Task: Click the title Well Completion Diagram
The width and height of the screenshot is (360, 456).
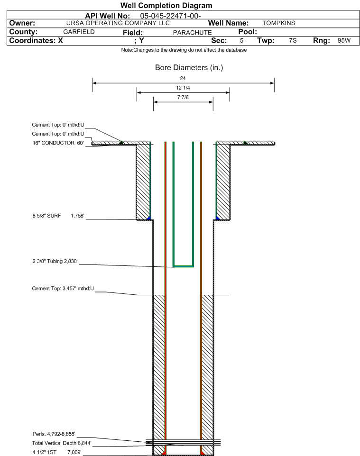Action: point(166,6)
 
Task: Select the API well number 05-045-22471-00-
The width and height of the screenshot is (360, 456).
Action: point(170,16)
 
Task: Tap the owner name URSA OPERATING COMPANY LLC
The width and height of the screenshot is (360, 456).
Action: point(118,23)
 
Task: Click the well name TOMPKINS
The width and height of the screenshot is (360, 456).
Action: point(278,23)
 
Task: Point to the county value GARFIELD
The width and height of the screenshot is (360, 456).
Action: point(79,32)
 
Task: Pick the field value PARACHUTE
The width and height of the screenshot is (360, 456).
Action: point(193,33)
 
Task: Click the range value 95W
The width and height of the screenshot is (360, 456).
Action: point(344,40)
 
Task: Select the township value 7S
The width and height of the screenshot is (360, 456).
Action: point(293,40)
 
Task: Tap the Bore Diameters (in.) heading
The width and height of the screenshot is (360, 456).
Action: point(189,68)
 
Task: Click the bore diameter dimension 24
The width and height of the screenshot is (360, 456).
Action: point(183,78)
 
